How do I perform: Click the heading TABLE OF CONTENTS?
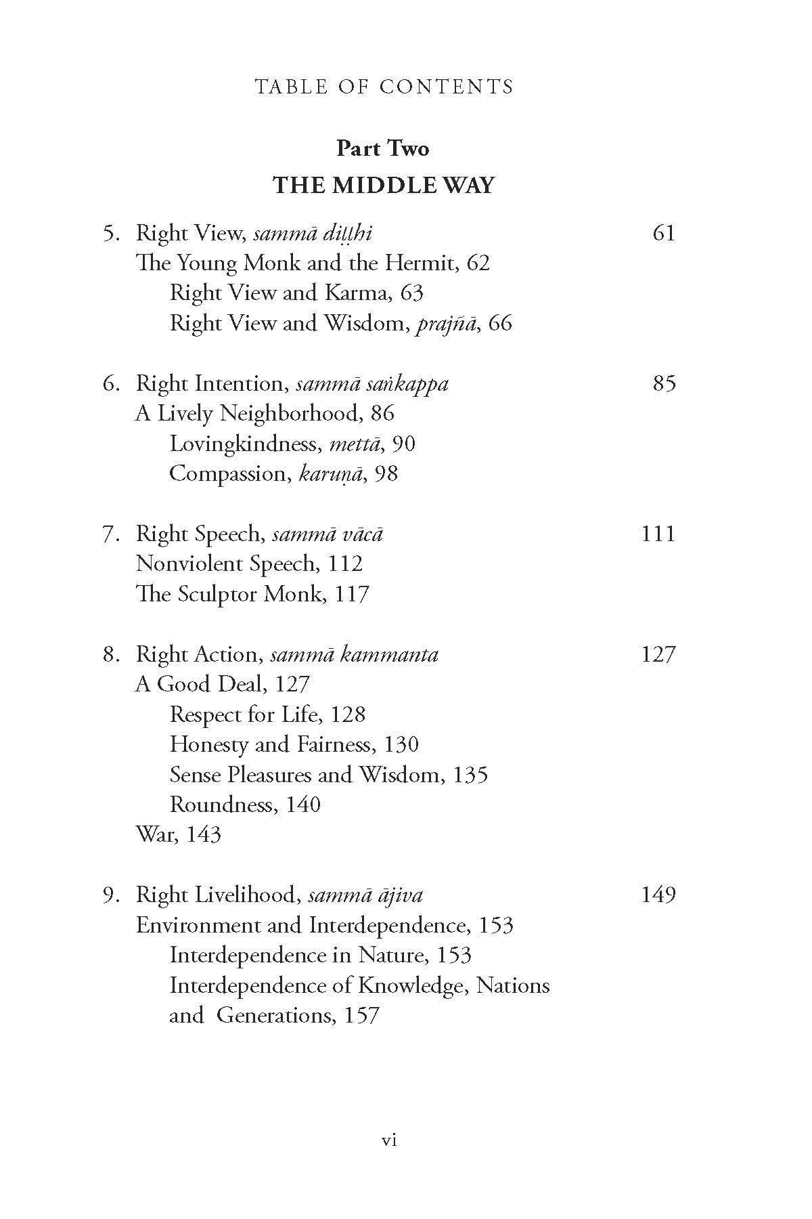[x=384, y=87]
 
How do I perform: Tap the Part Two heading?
[x=382, y=148]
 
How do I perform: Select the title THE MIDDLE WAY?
[x=384, y=186]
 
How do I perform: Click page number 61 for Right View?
[x=664, y=233]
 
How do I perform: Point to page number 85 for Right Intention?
[x=664, y=383]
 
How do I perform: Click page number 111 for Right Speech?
[x=658, y=534]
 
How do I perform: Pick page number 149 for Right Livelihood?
[x=658, y=895]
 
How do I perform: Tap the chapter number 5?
[x=111, y=234]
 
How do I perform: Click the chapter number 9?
[x=111, y=895]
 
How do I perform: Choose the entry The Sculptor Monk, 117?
[x=252, y=594]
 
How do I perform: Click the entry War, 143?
[x=179, y=834]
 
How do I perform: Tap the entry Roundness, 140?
[x=245, y=805]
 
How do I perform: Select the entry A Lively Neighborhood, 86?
[x=265, y=413]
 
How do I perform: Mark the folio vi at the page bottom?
[x=389, y=1140]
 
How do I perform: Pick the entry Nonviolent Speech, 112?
[x=249, y=563]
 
